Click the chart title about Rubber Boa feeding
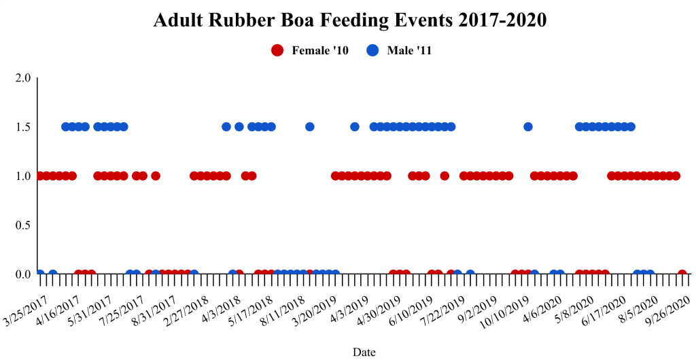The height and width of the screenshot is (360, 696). coord(350,20)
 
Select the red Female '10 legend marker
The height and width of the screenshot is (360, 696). coord(277,50)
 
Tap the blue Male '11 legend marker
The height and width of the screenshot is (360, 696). coord(372,50)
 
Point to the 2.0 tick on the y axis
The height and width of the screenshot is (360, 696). coord(23,77)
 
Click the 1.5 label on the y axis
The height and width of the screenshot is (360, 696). coord(23,127)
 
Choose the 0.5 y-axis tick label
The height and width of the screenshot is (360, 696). coord(23,226)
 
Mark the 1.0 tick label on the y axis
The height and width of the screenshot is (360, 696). coord(23,176)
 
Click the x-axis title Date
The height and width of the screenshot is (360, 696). coord(364,352)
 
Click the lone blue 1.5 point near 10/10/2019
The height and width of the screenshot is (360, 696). coord(528,126)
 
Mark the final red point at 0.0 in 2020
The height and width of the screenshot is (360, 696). coord(682,274)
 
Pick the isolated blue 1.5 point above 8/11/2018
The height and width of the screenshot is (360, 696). coord(310,126)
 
